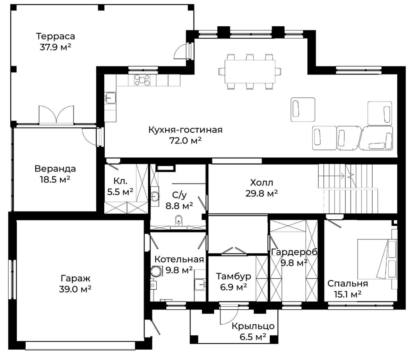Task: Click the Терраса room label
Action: [55, 36]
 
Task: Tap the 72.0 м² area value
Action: [185, 141]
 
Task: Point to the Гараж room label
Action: [76, 278]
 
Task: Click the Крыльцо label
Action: [253, 326]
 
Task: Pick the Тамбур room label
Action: [233, 276]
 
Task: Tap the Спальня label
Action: [348, 283]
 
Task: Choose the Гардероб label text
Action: [294, 252]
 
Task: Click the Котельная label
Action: [179, 260]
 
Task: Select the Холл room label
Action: [262, 183]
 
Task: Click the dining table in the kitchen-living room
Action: [250, 71]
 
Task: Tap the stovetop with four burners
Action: [142, 80]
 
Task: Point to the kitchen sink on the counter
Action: [111, 98]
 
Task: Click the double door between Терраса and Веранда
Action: [57, 114]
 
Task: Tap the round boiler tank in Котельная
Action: [157, 271]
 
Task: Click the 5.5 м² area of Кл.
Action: [120, 192]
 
